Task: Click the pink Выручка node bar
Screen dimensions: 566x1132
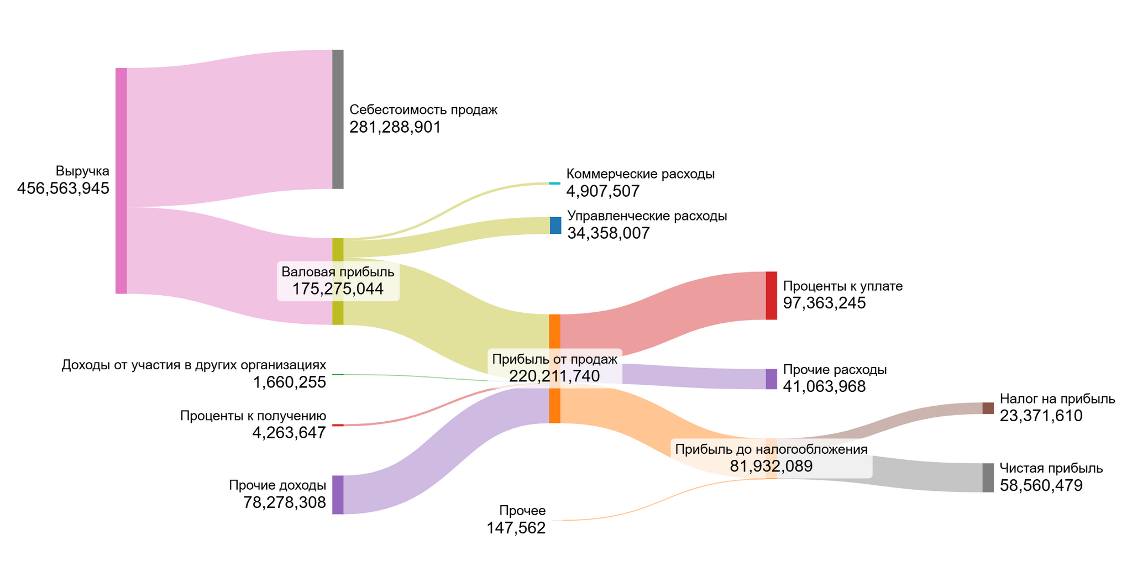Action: (x=121, y=181)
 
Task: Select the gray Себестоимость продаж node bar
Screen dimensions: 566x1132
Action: (x=338, y=119)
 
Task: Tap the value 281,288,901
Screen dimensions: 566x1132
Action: (x=395, y=128)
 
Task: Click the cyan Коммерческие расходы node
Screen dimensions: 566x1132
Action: (x=554, y=184)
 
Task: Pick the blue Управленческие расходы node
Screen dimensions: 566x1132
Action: (x=555, y=226)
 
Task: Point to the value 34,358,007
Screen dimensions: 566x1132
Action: (x=608, y=233)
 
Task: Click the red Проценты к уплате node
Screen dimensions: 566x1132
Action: (x=771, y=296)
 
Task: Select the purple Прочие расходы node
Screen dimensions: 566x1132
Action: (x=771, y=379)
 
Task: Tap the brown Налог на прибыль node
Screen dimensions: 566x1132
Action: (x=988, y=408)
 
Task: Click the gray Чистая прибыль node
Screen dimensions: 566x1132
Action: (x=988, y=478)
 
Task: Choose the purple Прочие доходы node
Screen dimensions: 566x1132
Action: (x=338, y=495)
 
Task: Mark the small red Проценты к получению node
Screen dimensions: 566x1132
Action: (x=338, y=425)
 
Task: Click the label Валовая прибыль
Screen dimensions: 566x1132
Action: (x=338, y=272)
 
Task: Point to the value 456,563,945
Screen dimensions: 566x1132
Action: (x=63, y=189)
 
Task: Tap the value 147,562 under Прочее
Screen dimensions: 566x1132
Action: (x=516, y=528)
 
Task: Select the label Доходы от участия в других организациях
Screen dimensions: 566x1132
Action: (x=193, y=365)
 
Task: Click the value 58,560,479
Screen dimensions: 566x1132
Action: (x=1041, y=486)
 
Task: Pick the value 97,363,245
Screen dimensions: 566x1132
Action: (x=824, y=303)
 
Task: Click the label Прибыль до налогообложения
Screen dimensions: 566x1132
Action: (x=771, y=449)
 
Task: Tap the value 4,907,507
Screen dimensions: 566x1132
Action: (x=602, y=192)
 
